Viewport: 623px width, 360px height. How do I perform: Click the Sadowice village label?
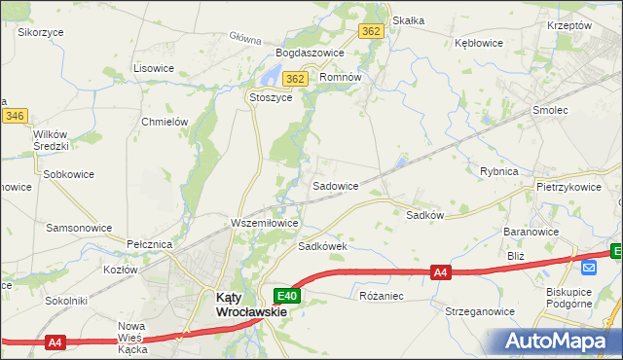tap(335, 185)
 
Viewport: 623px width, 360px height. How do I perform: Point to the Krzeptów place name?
tap(569, 26)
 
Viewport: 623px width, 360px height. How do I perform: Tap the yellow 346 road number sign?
tap(14, 116)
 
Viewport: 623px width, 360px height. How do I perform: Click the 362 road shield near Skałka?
tap(371, 31)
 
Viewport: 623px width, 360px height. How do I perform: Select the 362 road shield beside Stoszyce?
tap(296, 79)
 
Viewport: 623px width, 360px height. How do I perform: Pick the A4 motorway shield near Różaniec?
tap(441, 273)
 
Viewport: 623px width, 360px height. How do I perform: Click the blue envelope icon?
tap(589, 267)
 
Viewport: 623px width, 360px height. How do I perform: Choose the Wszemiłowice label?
tap(264, 223)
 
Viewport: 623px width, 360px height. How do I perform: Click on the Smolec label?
tap(550, 111)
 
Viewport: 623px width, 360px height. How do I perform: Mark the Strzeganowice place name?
tap(479, 312)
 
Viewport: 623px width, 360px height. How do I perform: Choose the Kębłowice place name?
tap(478, 43)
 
